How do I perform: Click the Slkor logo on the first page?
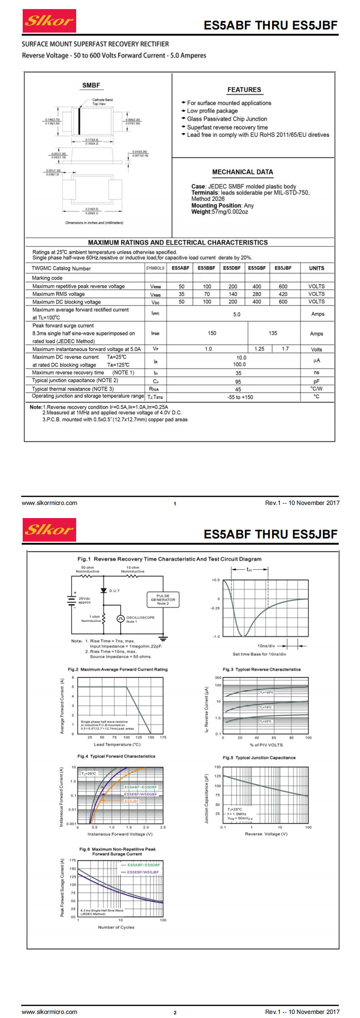click(49, 21)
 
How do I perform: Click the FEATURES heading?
click(244, 90)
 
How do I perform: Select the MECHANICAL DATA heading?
click(243, 172)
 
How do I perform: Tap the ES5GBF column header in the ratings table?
click(257, 268)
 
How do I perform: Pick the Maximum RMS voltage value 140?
click(233, 294)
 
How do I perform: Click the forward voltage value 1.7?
click(285, 349)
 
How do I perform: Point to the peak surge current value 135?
click(272, 333)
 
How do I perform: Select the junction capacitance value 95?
click(238, 382)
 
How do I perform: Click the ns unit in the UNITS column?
click(316, 373)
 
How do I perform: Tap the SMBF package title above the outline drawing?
click(91, 85)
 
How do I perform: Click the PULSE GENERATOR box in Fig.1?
click(163, 599)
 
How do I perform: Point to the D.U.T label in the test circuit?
click(114, 591)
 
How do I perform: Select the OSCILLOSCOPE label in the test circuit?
click(140, 617)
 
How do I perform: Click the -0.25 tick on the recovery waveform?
click(215, 608)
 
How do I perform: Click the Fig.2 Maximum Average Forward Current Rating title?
click(117, 669)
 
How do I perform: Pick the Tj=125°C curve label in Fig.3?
click(267, 693)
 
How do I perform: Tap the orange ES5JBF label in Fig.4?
click(131, 801)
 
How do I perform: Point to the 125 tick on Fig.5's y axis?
click(218, 776)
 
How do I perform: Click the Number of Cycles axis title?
click(116, 927)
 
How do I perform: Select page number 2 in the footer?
click(175, 1013)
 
